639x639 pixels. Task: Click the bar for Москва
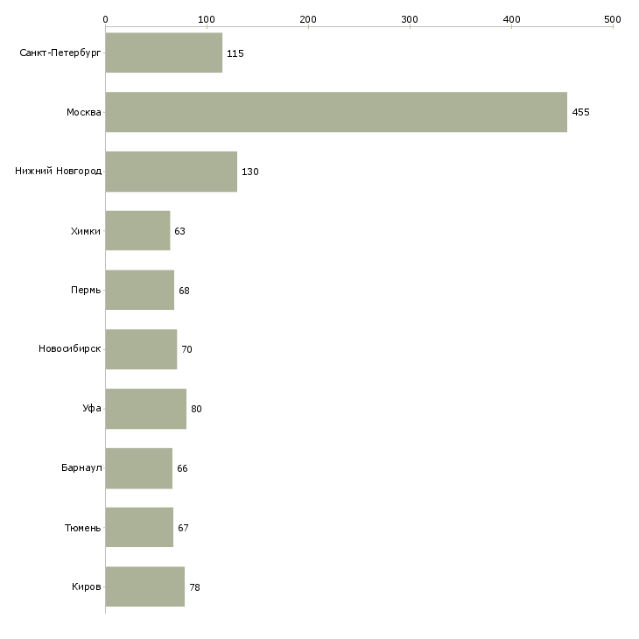pyautogui.click(x=336, y=112)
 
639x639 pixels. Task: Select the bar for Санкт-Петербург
pyautogui.click(x=164, y=53)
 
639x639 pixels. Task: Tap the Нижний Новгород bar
pyautogui.click(x=172, y=172)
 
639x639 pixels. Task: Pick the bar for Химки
pyautogui.click(x=137, y=231)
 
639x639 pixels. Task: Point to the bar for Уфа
pyautogui.click(x=146, y=409)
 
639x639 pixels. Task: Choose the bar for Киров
pyautogui.click(x=145, y=586)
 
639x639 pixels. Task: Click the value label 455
pyautogui.click(x=580, y=112)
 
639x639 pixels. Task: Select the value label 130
pyautogui.click(x=250, y=172)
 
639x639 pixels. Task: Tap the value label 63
pyautogui.click(x=179, y=231)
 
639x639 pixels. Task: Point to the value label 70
pyautogui.click(x=186, y=349)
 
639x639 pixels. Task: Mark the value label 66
pyautogui.click(x=182, y=468)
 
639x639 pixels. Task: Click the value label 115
pyautogui.click(x=235, y=53)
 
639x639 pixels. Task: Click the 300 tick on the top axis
pyautogui.click(x=410, y=26)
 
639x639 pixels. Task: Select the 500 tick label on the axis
pyautogui.click(x=613, y=19)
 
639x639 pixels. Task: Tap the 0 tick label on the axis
pyautogui.click(x=106, y=19)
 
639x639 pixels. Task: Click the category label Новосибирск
pyautogui.click(x=70, y=348)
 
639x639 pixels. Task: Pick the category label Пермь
pyautogui.click(x=86, y=290)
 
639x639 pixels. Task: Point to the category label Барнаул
pyautogui.click(x=81, y=467)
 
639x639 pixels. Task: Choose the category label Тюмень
pyautogui.click(x=83, y=528)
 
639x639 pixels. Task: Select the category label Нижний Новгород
pyautogui.click(x=59, y=171)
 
